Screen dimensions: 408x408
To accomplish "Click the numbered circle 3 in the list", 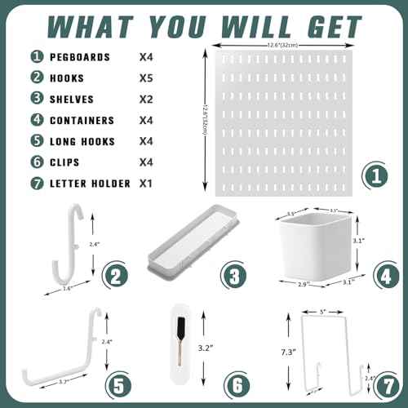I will click(x=36, y=100).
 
